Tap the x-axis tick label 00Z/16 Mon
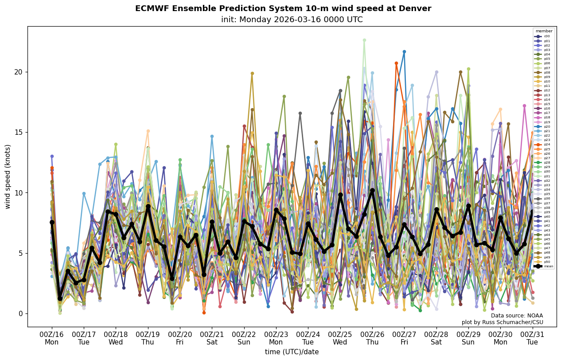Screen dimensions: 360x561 (x=51, y=339)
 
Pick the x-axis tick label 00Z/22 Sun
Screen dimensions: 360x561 (x=244, y=339)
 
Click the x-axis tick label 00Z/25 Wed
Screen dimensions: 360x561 (x=340, y=339)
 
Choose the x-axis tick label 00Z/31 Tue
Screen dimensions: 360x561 (x=533, y=339)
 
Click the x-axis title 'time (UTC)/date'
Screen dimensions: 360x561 (x=292, y=352)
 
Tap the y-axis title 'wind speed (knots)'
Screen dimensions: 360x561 (x=8, y=176)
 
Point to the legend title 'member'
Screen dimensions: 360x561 (x=544, y=31)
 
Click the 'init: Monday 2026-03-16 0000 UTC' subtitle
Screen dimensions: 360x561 (x=292, y=20)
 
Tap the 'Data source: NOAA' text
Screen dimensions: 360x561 (x=517, y=316)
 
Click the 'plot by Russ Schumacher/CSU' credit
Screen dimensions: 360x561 (x=508, y=322)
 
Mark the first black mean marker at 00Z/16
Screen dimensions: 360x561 (x=52, y=222)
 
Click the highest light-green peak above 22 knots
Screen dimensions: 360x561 (x=364, y=40)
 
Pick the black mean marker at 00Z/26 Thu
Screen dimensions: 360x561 (x=372, y=190)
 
